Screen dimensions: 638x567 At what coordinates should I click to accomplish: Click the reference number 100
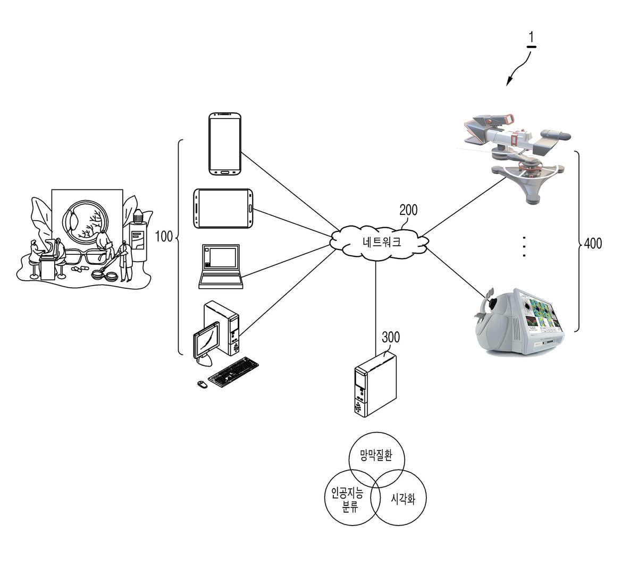[x=164, y=236]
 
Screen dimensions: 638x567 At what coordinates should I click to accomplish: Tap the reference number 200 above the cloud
[x=408, y=210]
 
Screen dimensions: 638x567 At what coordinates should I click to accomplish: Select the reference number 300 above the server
[x=391, y=337]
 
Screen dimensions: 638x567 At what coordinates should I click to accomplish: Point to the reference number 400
[x=593, y=243]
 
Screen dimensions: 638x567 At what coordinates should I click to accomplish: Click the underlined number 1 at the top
[x=531, y=39]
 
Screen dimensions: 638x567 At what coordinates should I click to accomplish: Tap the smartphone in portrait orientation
[x=225, y=144]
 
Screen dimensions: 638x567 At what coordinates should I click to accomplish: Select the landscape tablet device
[x=223, y=209]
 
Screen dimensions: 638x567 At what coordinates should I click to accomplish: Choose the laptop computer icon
[x=221, y=266]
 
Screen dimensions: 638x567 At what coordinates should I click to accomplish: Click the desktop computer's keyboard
[x=233, y=372]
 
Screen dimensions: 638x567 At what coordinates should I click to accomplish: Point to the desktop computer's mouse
[x=202, y=385]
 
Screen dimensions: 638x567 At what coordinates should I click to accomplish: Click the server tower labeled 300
[x=375, y=385]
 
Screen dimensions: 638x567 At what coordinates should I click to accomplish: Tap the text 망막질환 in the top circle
[x=376, y=455]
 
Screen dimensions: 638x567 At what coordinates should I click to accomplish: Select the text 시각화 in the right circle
[x=403, y=498]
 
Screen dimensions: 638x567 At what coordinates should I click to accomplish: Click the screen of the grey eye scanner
[x=539, y=315]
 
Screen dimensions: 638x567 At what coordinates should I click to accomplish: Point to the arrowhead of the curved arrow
[x=509, y=82]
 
